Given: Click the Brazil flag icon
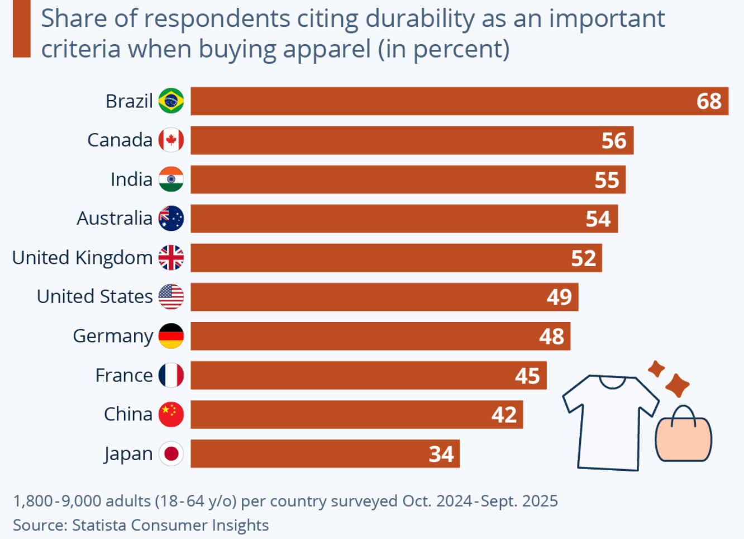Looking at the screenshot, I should click(171, 101).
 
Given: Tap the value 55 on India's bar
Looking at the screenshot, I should click(607, 180).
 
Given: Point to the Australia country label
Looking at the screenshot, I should click(115, 218).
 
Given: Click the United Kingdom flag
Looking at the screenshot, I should click(171, 258).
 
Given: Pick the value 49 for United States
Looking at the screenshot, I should click(559, 297).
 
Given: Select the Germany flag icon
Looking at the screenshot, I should click(171, 336).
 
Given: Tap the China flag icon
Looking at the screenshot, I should click(171, 414).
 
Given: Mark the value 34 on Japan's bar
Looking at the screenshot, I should click(441, 454).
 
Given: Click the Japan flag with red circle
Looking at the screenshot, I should click(171, 453).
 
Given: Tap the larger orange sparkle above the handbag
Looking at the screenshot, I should click(678, 385).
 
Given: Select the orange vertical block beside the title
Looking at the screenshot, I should click(21, 28).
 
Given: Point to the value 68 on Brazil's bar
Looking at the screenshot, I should click(709, 101).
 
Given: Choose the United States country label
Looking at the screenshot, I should click(94, 296).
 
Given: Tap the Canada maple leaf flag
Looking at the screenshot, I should click(171, 140).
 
